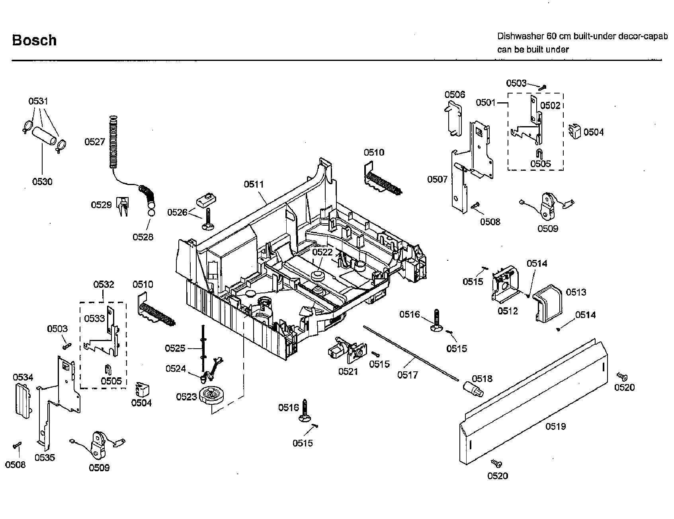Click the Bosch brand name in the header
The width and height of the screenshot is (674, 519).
click(34, 41)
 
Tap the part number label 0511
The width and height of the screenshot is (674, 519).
click(254, 184)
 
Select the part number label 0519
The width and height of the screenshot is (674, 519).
click(555, 427)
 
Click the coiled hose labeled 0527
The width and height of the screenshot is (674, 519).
click(113, 141)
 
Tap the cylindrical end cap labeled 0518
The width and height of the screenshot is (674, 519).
click(472, 388)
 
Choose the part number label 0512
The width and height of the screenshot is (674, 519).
click(508, 311)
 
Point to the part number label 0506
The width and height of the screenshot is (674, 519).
click(455, 94)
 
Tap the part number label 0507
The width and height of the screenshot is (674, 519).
click(438, 180)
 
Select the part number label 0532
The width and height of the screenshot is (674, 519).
click(104, 285)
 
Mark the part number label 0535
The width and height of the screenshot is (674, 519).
click(44, 458)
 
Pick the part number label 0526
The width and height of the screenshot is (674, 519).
click(177, 212)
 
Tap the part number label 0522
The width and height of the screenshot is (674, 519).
click(322, 252)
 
